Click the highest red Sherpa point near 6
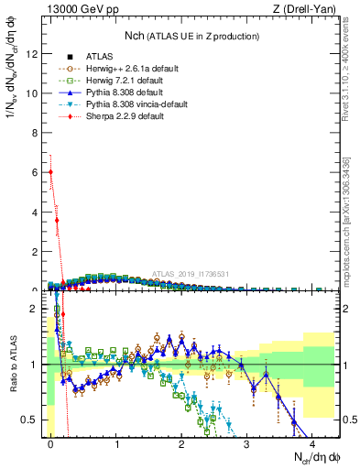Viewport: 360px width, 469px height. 50,171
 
